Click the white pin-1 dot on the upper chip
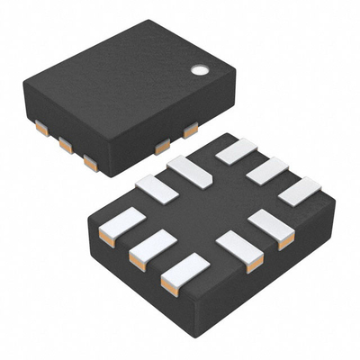click(x=198, y=67)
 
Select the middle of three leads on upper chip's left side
click(x=66, y=144)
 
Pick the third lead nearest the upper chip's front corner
click(x=90, y=162)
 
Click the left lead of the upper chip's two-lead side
click(x=162, y=147)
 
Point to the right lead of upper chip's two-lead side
click(x=190, y=130)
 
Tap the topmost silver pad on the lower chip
click(x=237, y=151)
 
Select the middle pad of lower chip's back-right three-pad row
click(x=267, y=170)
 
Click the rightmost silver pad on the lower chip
click(x=300, y=190)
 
